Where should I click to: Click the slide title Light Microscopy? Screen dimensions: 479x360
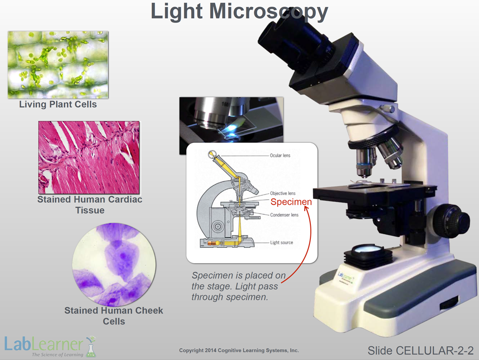(239, 12)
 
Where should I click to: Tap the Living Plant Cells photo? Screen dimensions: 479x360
(58, 65)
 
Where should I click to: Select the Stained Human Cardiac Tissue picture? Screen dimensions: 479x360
(89, 157)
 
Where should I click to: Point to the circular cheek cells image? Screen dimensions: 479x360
(114, 265)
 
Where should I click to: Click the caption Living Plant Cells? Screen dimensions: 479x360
(58, 104)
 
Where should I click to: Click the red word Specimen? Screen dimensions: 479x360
(291, 202)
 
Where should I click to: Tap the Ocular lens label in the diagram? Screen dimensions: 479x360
(280, 155)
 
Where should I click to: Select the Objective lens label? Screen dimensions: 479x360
(283, 193)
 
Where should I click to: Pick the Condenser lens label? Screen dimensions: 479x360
(284, 215)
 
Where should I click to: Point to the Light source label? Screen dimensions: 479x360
(281, 243)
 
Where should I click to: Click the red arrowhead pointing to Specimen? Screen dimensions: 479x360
(307, 209)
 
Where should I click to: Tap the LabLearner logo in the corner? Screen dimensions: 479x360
(50, 347)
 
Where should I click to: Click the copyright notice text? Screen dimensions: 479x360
(239, 350)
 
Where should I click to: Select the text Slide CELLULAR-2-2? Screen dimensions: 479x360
(421, 350)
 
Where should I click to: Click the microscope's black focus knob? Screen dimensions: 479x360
(452, 221)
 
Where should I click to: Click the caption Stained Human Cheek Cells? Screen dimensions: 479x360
(114, 316)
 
